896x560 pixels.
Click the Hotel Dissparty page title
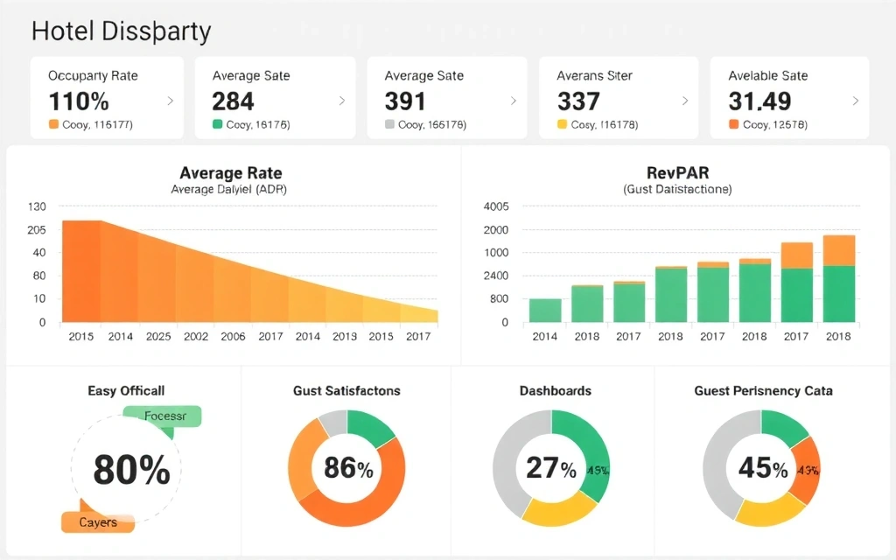pos(121,31)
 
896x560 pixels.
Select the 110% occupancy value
pos(79,101)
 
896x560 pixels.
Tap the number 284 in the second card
pos(233,101)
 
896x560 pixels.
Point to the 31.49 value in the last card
pos(759,101)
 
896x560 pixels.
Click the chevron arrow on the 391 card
pos(513,101)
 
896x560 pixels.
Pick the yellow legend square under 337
pos(563,125)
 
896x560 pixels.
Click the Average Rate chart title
pos(230,172)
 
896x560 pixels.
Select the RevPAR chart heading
pos(677,172)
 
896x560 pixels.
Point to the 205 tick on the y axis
pos(37,229)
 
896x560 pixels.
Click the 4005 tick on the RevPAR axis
pos(495,207)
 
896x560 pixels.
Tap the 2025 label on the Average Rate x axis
pos(158,336)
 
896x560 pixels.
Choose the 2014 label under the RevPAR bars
pos(544,336)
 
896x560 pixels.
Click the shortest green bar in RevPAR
pos(545,311)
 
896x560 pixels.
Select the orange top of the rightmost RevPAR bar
pos(839,250)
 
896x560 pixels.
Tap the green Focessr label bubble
pos(166,416)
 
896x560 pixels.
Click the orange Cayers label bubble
pos(98,522)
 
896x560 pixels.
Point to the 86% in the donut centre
pos(348,468)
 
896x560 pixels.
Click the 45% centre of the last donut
pos(762,468)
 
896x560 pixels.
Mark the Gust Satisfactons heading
pos(346,391)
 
